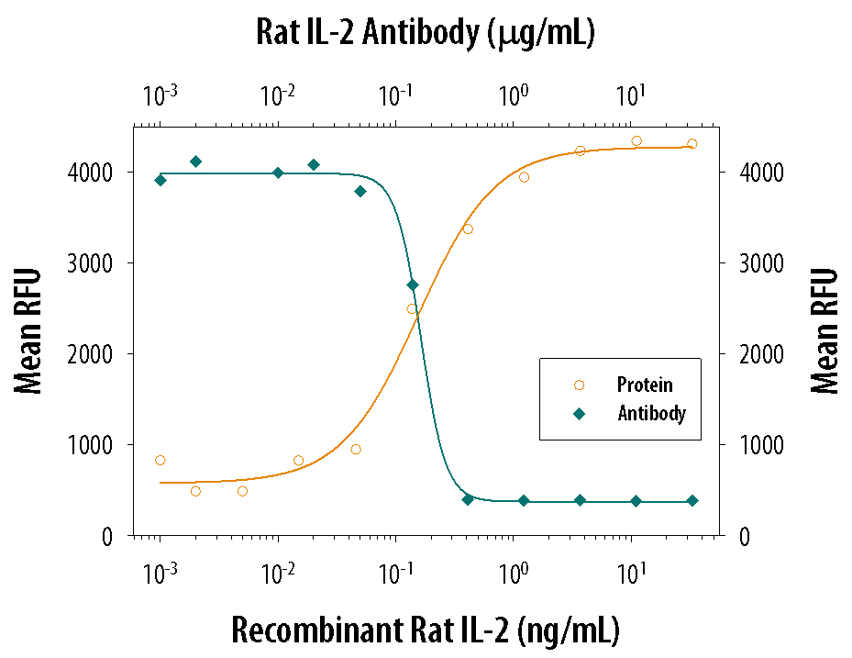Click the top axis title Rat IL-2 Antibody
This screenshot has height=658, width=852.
tap(426, 34)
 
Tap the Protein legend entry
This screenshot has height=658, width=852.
tap(645, 385)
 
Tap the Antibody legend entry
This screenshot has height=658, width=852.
tap(651, 414)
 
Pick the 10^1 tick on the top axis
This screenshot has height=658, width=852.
tap(629, 95)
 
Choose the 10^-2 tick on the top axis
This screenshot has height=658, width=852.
tap(278, 95)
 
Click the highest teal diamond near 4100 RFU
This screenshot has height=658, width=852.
tap(195, 162)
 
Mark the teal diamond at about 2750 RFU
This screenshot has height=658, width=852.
tap(413, 284)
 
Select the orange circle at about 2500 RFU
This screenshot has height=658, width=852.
tap(413, 309)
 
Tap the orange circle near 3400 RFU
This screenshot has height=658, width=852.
tap(468, 229)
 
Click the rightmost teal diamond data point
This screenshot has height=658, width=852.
tap(692, 500)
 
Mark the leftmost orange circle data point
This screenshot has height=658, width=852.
tap(160, 460)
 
